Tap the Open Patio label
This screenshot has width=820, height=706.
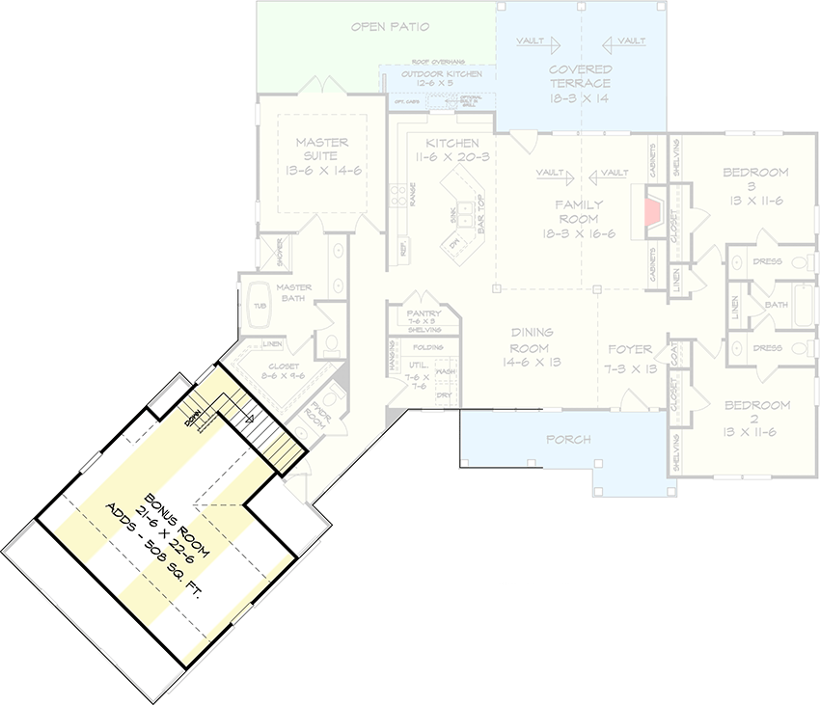tap(390, 26)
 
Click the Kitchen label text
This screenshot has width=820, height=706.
tap(446, 143)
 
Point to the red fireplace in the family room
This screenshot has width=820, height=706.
tap(653, 212)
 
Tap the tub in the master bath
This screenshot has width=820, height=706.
tap(260, 306)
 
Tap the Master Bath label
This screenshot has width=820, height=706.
tap(293, 293)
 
